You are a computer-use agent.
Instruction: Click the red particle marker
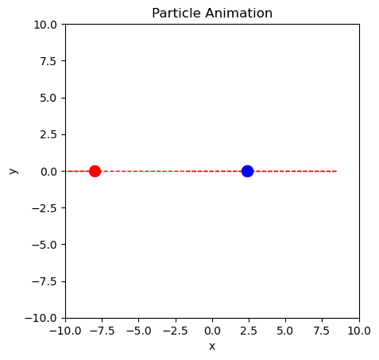[95, 171]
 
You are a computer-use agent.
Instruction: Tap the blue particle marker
[247, 171]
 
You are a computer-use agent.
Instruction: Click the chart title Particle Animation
[212, 14]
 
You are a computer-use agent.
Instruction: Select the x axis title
[212, 346]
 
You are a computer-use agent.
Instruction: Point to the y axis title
[13, 171]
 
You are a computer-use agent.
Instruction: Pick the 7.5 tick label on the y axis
[49, 61]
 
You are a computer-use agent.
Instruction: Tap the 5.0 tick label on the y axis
[49, 98]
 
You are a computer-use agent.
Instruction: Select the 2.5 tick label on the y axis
[49, 134]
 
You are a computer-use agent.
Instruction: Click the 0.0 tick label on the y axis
[49, 171]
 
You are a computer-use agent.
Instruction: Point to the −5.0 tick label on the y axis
[45, 244]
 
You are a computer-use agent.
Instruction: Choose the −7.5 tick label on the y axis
[45, 281]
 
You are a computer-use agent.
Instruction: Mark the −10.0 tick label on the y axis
[43, 317]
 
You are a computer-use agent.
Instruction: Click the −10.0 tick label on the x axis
[65, 330]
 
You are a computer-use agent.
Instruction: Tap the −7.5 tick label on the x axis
[102, 330]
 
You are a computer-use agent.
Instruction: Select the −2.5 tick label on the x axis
[175, 330]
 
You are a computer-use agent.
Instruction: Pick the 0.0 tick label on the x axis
[212, 330]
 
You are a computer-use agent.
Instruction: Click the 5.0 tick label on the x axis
[285, 330]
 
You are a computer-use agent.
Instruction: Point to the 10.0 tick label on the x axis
[358, 330]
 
